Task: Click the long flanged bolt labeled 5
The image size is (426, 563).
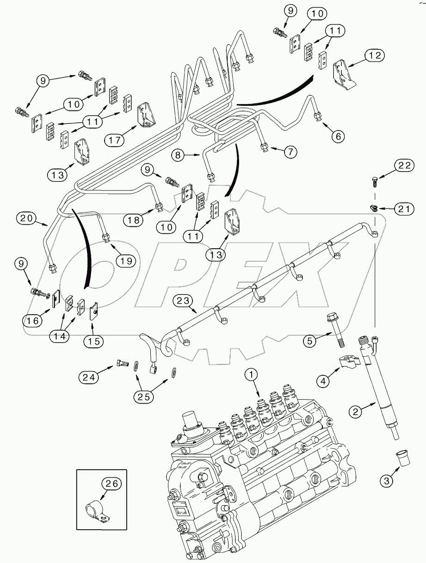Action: (335, 330)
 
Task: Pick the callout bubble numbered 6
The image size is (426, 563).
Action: (338, 135)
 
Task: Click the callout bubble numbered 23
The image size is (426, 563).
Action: (183, 301)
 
